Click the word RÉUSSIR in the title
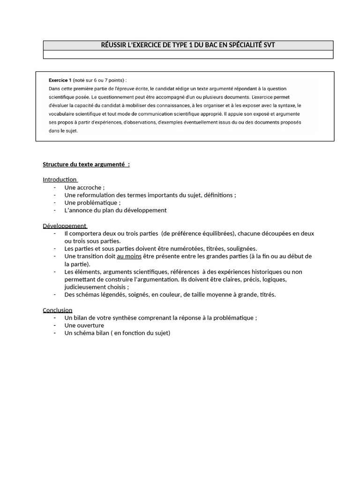114,45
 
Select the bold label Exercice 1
60,80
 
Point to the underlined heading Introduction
60,180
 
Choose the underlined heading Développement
64,225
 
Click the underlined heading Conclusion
58,310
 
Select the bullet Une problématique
92,202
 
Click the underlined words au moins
129,256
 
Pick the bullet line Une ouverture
84,325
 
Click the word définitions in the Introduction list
219,195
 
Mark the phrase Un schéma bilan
86,333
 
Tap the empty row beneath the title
188,54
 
